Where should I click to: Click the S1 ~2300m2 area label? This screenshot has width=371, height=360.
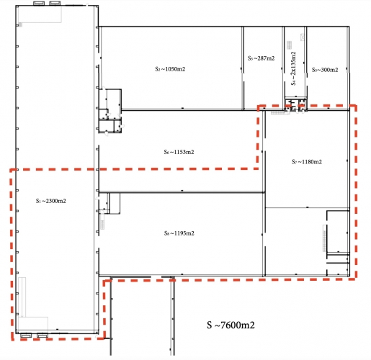(x=51, y=201)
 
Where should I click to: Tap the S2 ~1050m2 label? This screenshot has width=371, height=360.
(x=170, y=69)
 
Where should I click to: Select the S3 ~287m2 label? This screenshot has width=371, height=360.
(x=261, y=58)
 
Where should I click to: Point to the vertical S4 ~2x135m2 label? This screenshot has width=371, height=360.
(x=293, y=68)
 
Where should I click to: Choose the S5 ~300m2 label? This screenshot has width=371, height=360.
(x=325, y=70)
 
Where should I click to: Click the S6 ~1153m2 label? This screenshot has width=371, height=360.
(x=179, y=152)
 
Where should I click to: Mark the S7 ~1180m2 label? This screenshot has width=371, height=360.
(x=307, y=162)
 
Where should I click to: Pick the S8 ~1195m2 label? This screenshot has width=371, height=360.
(x=179, y=233)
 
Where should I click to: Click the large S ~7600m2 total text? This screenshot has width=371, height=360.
(x=231, y=325)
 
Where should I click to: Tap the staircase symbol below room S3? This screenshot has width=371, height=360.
(x=280, y=112)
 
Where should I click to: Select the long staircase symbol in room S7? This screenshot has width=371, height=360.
(x=324, y=238)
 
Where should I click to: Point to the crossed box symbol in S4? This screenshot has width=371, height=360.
(x=303, y=37)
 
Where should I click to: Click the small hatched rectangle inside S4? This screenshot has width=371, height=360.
(x=290, y=45)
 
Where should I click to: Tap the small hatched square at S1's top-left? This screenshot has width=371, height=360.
(x=20, y=24)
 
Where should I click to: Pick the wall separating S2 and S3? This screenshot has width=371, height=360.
(x=243, y=68)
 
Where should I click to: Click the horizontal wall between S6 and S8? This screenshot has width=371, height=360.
(x=182, y=192)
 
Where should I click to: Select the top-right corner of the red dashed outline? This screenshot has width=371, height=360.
(x=356, y=106)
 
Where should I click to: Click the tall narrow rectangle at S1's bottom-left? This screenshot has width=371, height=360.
(x=22, y=297)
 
